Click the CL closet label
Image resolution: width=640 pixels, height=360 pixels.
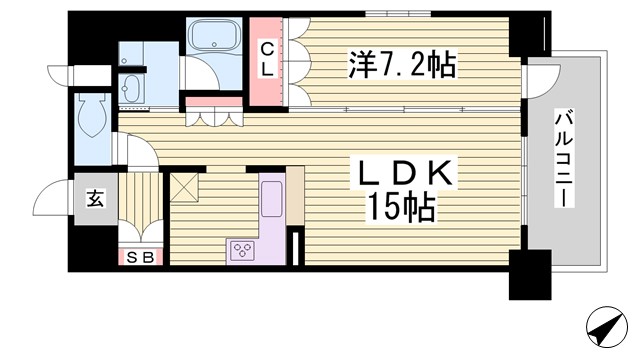point(268,57)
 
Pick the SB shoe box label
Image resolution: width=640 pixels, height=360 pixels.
point(141,259)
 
